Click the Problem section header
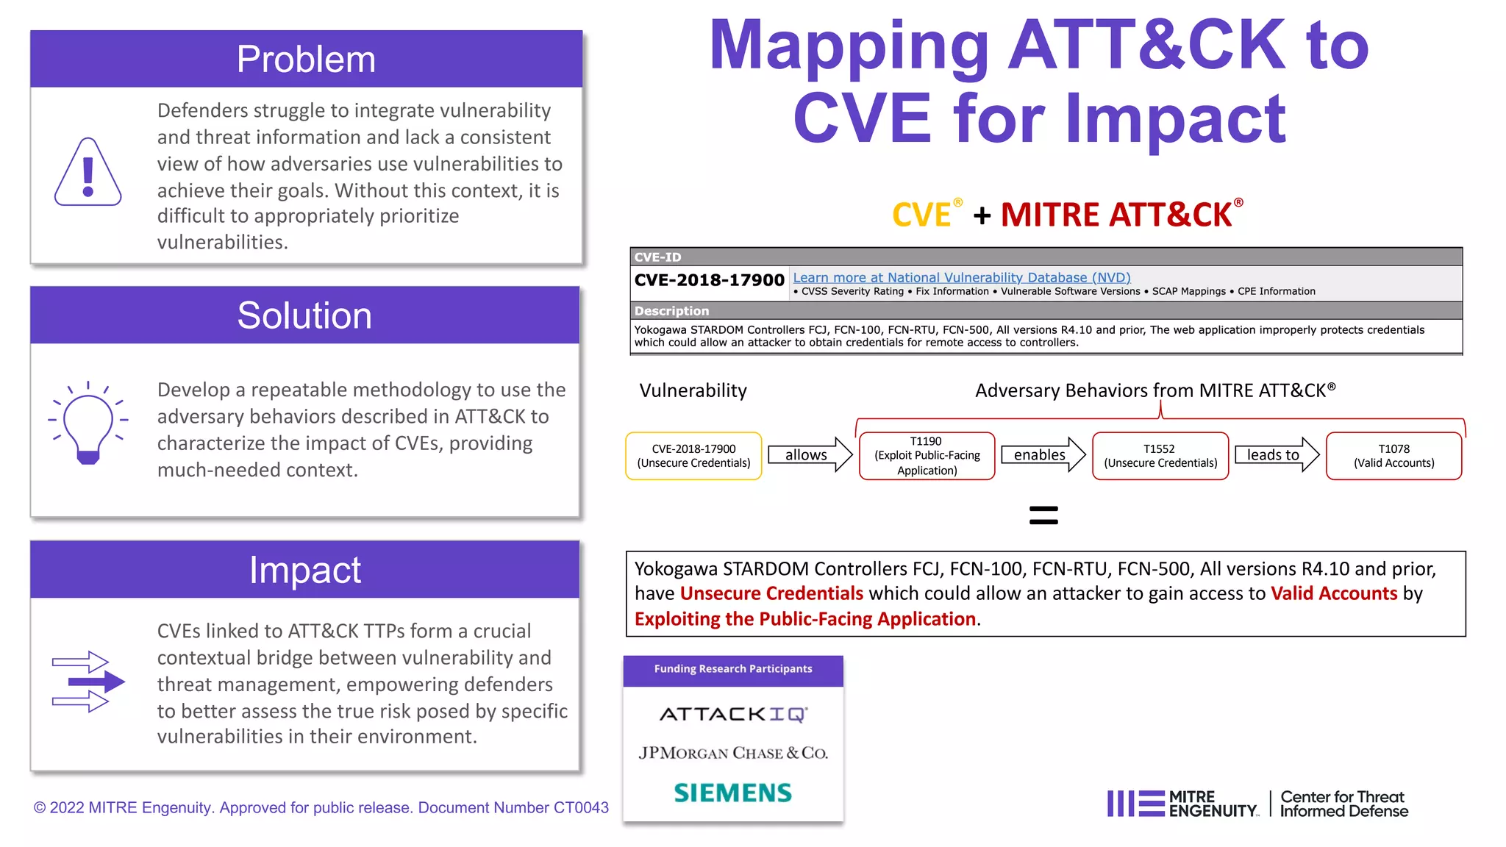(x=306, y=59)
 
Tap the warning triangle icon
(x=88, y=173)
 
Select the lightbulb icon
(x=88, y=423)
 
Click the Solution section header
(x=304, y=315)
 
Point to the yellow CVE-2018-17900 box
(x=693, y=456)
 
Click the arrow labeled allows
(x=810, y=455)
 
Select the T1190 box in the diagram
(x=927, y=456)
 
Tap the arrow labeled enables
(x=1043, y=455)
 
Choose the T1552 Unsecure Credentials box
(x=1160, y=456)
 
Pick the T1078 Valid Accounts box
(x=1393, y=456)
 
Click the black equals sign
(x=1043, y=515)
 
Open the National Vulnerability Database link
(x=961, y=277)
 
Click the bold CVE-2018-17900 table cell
(x=709, y=280)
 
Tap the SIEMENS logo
(x=733, y=793)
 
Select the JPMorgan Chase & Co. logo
(x=733, y=753)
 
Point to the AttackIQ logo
(x=733, y=714)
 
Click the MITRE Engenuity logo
(x=1183, y=804)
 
